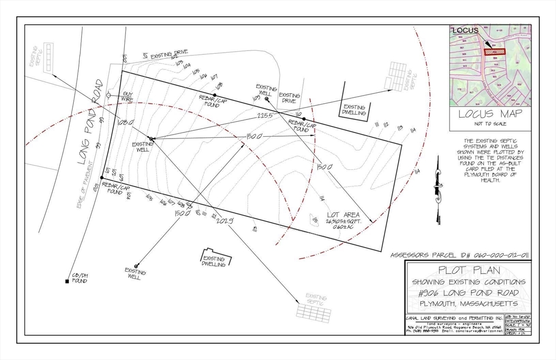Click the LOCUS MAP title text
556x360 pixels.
click(490, 114)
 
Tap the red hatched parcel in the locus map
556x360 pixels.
click(495, 52)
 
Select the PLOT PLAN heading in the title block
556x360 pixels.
click(469, 271)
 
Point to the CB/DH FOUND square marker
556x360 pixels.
click(67, 281)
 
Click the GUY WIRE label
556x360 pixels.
click(127, 97)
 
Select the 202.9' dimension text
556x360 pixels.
click(224, 220)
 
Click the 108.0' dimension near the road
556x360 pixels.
click(125, 123)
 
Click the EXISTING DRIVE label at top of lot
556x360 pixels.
click(169, 54)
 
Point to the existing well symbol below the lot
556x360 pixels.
click(136, 266)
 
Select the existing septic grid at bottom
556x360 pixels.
click(314, 312)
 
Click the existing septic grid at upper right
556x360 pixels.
click(396, 76)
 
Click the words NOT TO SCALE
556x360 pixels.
click(490, 124)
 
